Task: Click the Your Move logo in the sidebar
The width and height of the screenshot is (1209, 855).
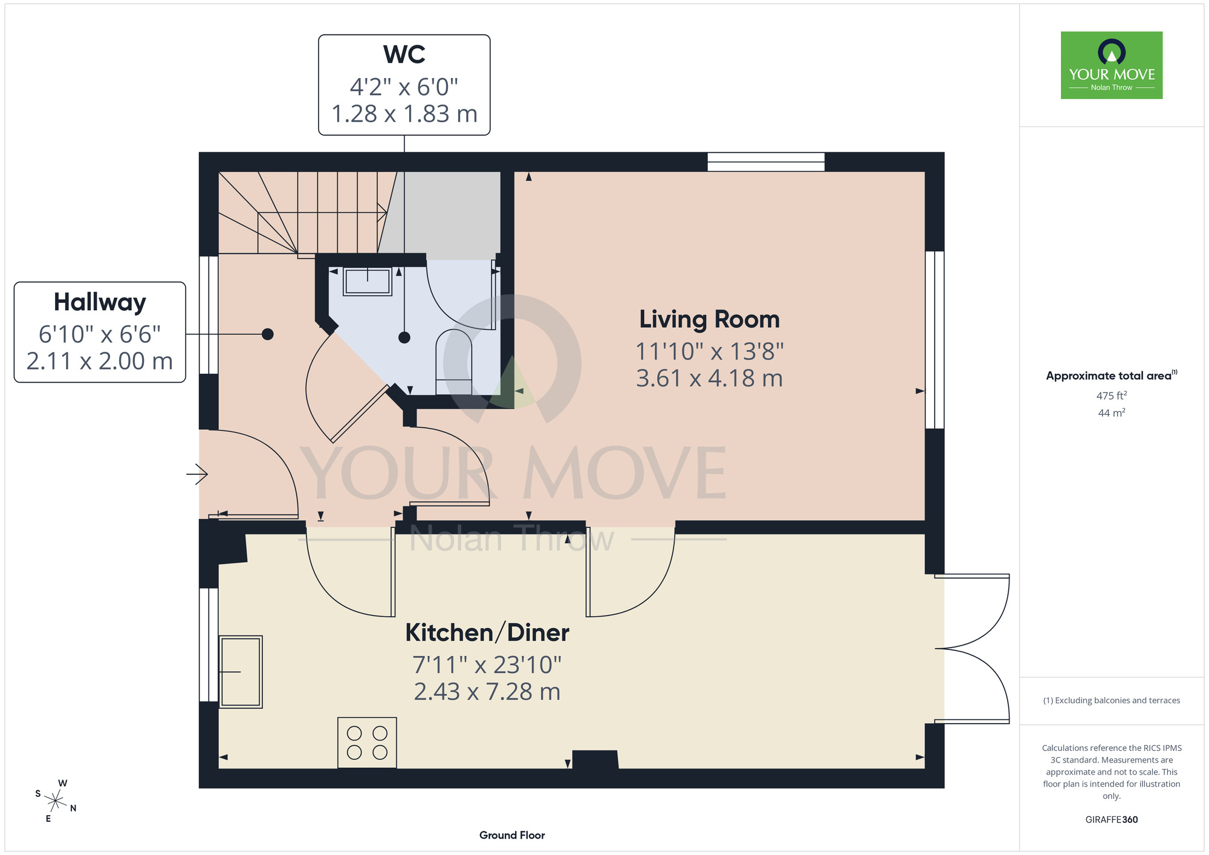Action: [x=1111, y=65]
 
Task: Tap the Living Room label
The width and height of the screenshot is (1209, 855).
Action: [x=709, y=319]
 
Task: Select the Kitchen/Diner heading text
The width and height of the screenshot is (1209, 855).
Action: [x=487, y=632]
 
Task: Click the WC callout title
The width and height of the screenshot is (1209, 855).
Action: [x=404, y=54]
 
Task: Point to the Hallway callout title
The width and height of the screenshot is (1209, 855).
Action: [x=100, y=302]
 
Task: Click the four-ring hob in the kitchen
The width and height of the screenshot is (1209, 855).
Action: [x=367, y=743]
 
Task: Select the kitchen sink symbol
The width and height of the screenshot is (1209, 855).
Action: [x=241, y=671]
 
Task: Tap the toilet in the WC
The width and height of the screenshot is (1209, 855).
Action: [x=454, y=362]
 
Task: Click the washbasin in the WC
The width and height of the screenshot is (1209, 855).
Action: [x=367, y=281]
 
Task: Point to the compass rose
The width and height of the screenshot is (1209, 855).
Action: [x=55, y=801]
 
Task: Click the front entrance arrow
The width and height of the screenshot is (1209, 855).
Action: [x=197, y=474]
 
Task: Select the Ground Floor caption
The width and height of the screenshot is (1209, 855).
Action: [x=512, y=835]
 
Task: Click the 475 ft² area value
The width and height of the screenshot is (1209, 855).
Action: [x=1112, y=395]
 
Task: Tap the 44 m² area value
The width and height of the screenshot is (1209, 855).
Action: [x=1112, y=413]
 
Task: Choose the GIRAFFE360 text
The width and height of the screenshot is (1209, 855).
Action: [x=1112, y=820]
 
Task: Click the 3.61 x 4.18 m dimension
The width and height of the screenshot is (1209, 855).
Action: [x=709, y=379]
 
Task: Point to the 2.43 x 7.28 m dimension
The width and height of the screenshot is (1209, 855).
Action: [x=487, y=692]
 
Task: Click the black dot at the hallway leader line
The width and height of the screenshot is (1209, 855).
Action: [x=268, y=334]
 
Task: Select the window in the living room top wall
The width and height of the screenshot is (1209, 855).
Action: [x=766, y=162]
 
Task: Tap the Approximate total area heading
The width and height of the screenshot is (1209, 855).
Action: [x=1112, y=375]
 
